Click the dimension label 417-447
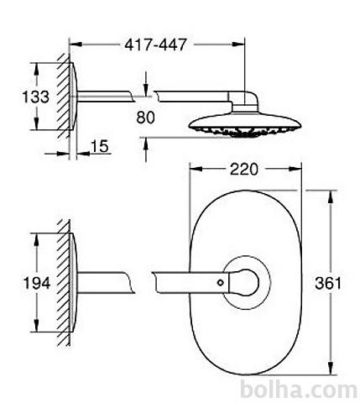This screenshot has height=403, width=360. [x=155, y=44]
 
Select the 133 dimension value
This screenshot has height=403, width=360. [x=35, y=97]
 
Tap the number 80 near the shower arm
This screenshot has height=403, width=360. [x=145, y=118]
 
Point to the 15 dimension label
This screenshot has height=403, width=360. [x=100, y=146]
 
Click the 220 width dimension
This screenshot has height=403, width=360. [x=243, y=169]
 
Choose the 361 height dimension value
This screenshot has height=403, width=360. [x=328, y=283]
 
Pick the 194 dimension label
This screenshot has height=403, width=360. [x=37, y=283]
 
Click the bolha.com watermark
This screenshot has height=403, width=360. [x=299, y=390]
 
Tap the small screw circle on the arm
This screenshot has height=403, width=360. [x=221, y=283]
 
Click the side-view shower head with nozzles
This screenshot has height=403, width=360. [x=245, y=125]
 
